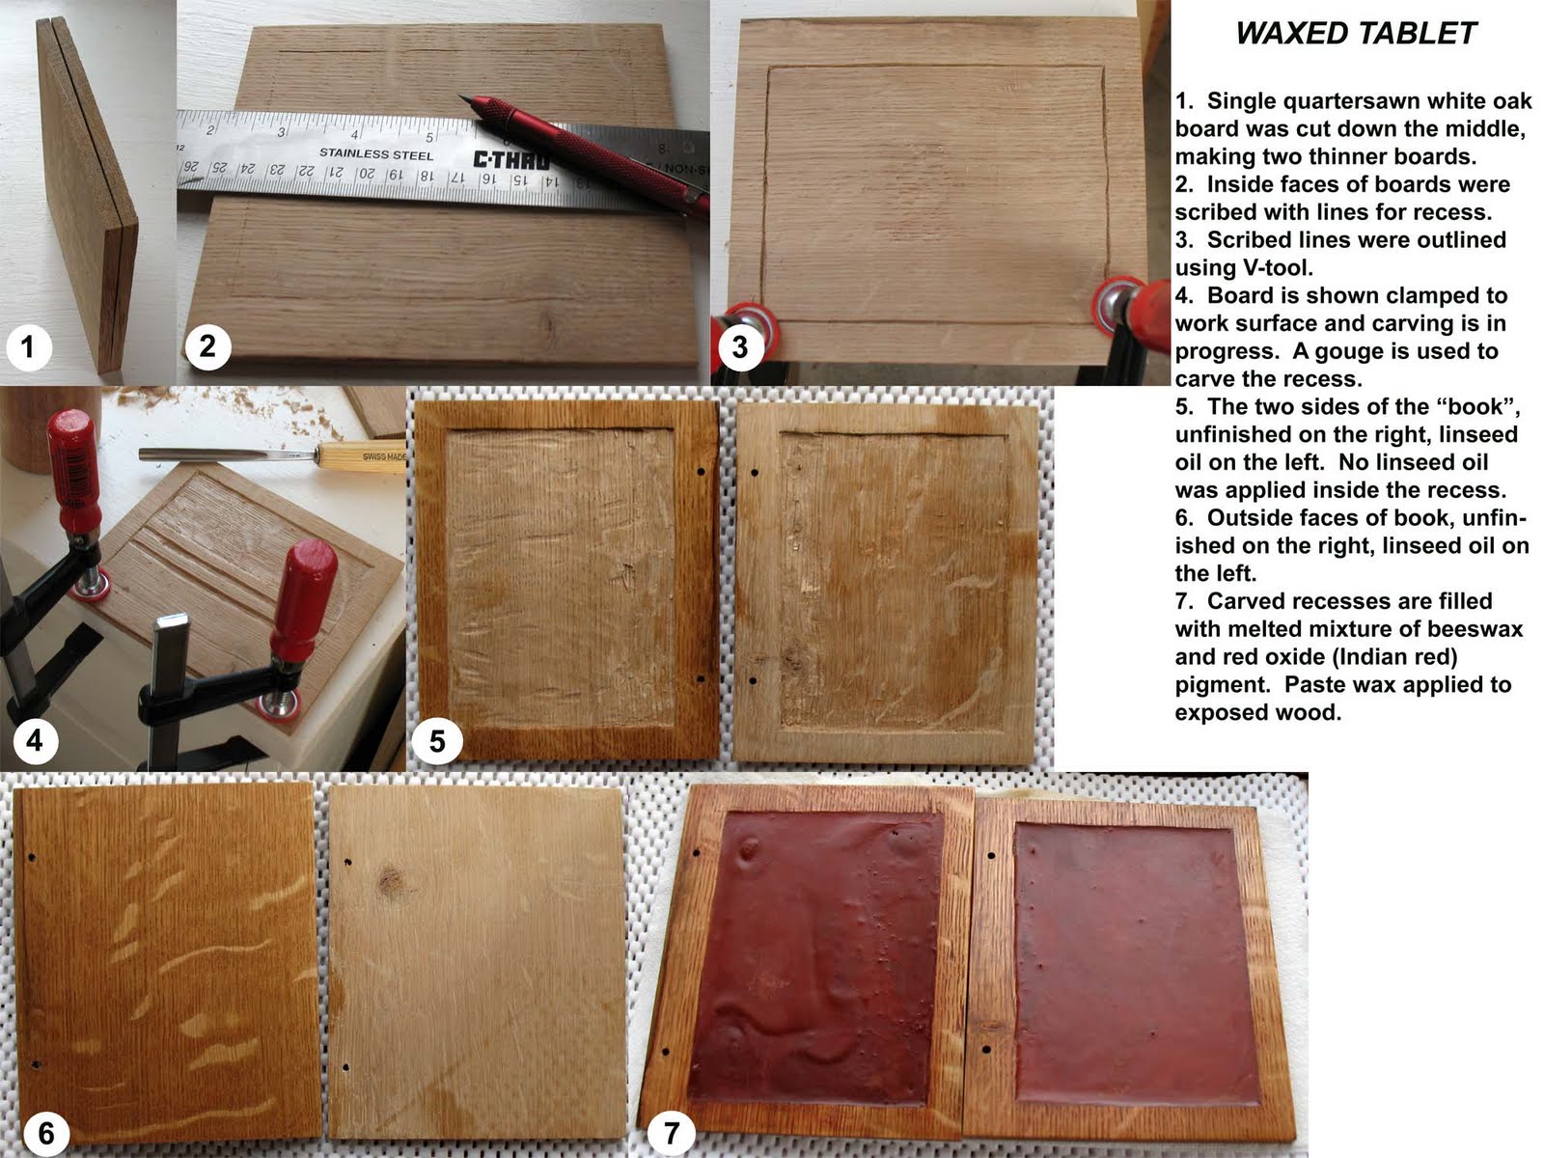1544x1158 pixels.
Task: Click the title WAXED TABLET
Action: [x=1356, y=34]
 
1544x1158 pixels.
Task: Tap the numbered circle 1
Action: [x=28, y=346]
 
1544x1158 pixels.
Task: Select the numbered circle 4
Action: [x=35, y=740]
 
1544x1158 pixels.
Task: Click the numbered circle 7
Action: [x=672, y=1131]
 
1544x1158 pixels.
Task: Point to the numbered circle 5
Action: [x=437, y=740]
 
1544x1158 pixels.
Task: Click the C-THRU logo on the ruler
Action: [x=510, y=159]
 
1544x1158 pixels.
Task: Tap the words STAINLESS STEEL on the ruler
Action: [x=376, y=154]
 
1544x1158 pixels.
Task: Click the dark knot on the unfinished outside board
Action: [x=391, y=879]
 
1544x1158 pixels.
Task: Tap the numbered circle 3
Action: [x=739, y=346]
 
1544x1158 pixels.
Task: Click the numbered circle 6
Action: [x=45, y=1131]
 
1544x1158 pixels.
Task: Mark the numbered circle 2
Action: [x=207, y=346]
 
